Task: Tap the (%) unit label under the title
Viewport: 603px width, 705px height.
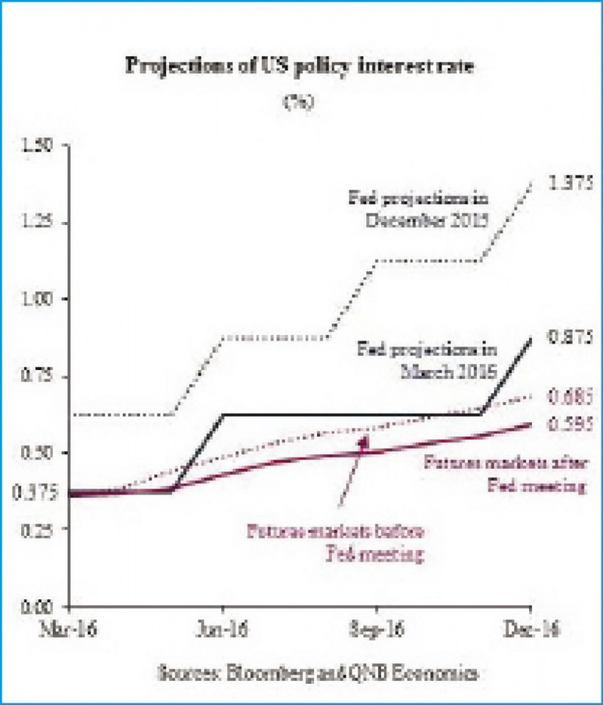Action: tap(299, 101)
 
